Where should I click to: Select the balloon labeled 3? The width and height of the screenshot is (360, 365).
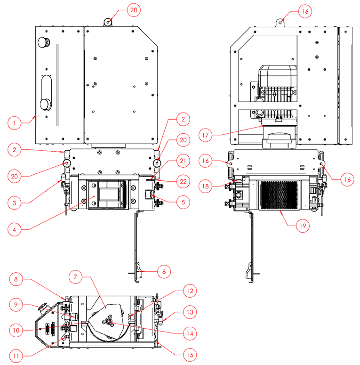click(15, 203)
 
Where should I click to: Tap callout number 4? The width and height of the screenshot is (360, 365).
click(15, 230)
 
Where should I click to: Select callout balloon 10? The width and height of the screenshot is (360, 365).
click(15, 331)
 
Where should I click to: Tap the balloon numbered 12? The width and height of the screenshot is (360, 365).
click(190, 291)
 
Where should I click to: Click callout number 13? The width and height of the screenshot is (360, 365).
click(190, 312)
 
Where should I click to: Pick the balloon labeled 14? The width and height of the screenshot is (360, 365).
click(190, 333)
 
